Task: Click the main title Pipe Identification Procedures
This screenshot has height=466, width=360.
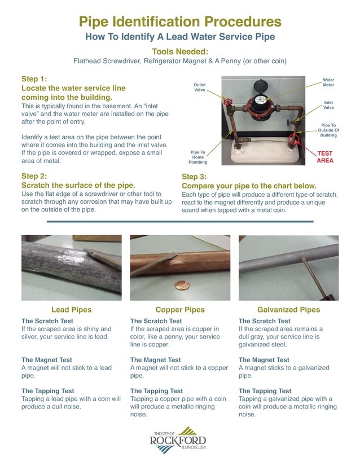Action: click(x=179, y=22)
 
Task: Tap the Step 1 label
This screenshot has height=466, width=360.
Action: click(x=34, y=79)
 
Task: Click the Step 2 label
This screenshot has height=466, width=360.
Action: click(x=34, y=176)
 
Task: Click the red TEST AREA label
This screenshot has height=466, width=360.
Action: click(x=325, y=157)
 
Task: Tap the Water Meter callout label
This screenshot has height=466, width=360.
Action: click(x=328, y=83)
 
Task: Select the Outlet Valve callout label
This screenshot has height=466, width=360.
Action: click(x=200, y=87)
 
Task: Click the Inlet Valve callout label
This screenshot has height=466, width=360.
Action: click(x=328, y=105)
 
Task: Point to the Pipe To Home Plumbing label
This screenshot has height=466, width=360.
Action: click(x=198, y=158)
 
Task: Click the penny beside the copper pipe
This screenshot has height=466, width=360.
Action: click(x=181, y=285)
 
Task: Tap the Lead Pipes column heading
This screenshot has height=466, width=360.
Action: click(x=71, y=310)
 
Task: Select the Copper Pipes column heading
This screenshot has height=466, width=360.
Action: click(x=179, y=310)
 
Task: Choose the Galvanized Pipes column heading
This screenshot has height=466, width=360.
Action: click(x=288, y=310)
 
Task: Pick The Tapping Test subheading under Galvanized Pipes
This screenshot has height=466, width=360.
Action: click(x=265, y=391)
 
